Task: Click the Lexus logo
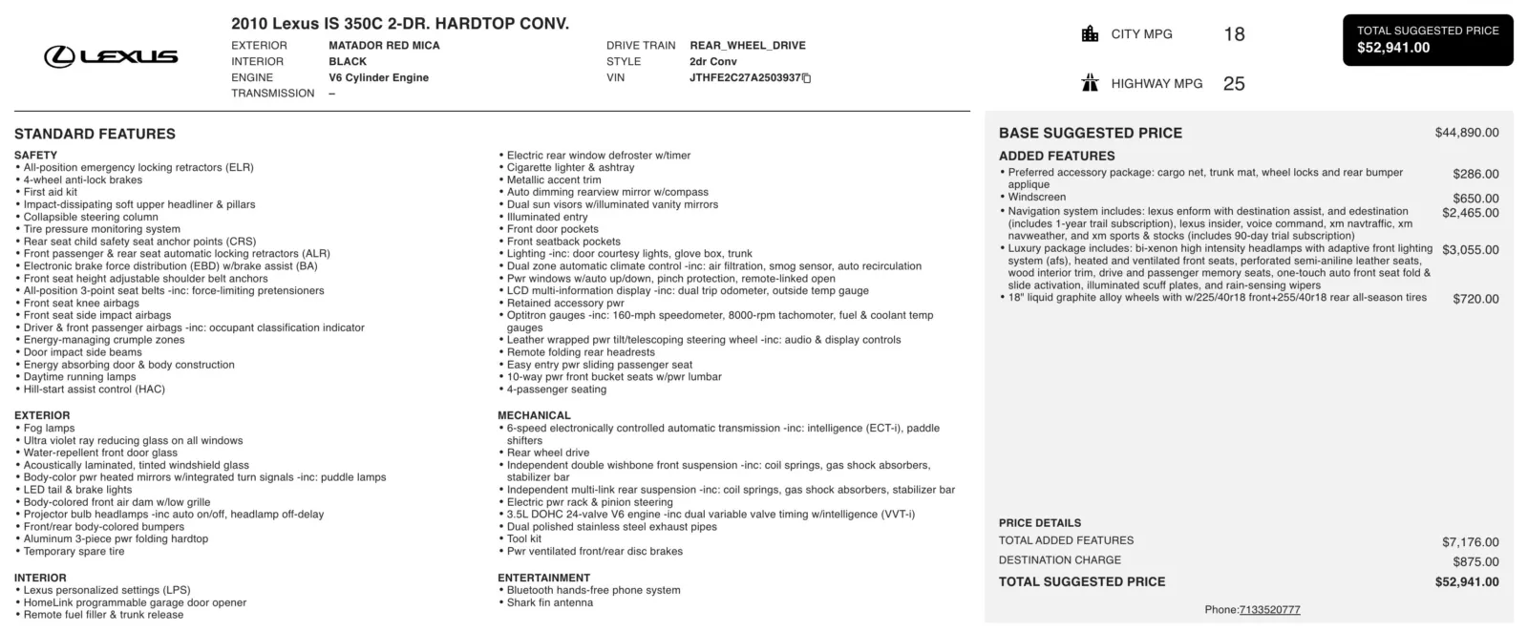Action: point(111,56)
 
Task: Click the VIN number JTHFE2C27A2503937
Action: point(745,77)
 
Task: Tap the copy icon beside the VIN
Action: point(807,78)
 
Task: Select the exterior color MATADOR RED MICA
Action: point(384,45)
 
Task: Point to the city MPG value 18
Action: point(1234,34)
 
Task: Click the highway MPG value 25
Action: point(1234,84)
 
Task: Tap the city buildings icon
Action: point(1090,34)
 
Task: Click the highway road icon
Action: point(1090,83)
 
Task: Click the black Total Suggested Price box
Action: point(1427,40)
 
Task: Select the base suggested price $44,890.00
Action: point(1466,133)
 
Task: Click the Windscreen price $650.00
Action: point(1475,199)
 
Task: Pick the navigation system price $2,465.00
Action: point(1470,213)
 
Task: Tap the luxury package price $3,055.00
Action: point(1470,250)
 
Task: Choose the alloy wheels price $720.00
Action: point(1475,299)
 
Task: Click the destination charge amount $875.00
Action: point(1475,561)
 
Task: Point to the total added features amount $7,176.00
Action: point(1470,542)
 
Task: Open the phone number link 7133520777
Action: point(1269,610)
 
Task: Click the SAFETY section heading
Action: point(35,155)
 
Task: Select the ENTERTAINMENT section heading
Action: point(543,578)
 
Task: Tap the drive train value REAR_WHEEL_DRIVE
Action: point(747,45)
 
